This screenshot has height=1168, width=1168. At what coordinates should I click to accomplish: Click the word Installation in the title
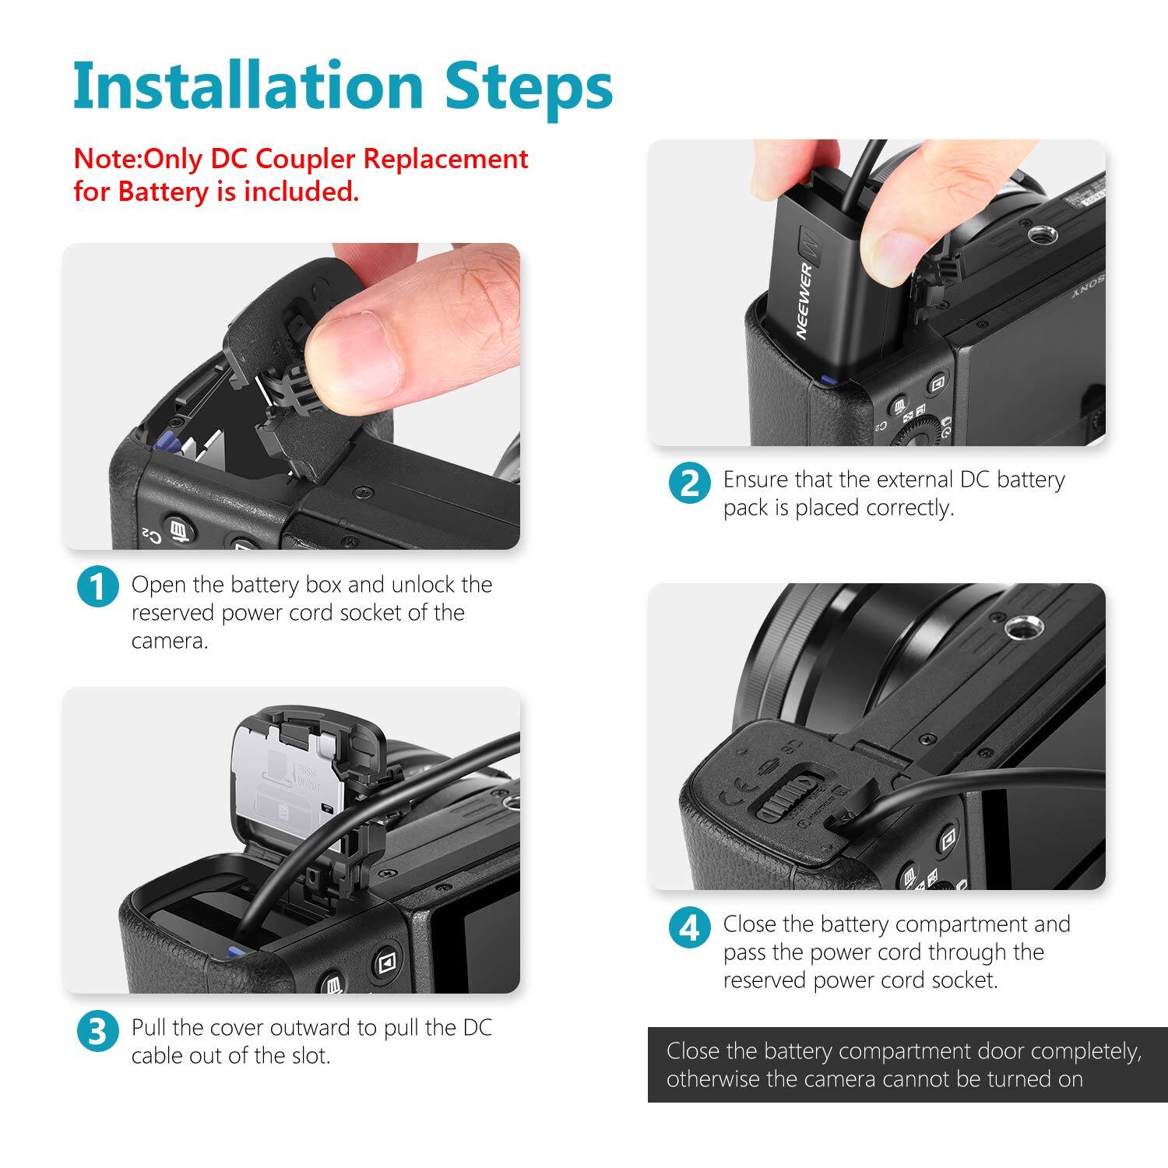[x=248, y=86]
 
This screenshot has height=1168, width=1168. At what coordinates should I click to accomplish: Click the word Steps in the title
[x=529, y=87]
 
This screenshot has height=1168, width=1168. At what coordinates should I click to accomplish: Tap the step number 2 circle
[x=690, y=483]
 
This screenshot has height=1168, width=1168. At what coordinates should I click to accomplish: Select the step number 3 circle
[x=98, y=1031]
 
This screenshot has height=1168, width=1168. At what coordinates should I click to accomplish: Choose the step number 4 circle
[x=690, y=928]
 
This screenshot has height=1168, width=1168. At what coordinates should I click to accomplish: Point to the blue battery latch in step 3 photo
[x=231, y=953]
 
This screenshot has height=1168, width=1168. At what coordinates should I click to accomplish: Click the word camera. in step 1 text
[x=170, y=641]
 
